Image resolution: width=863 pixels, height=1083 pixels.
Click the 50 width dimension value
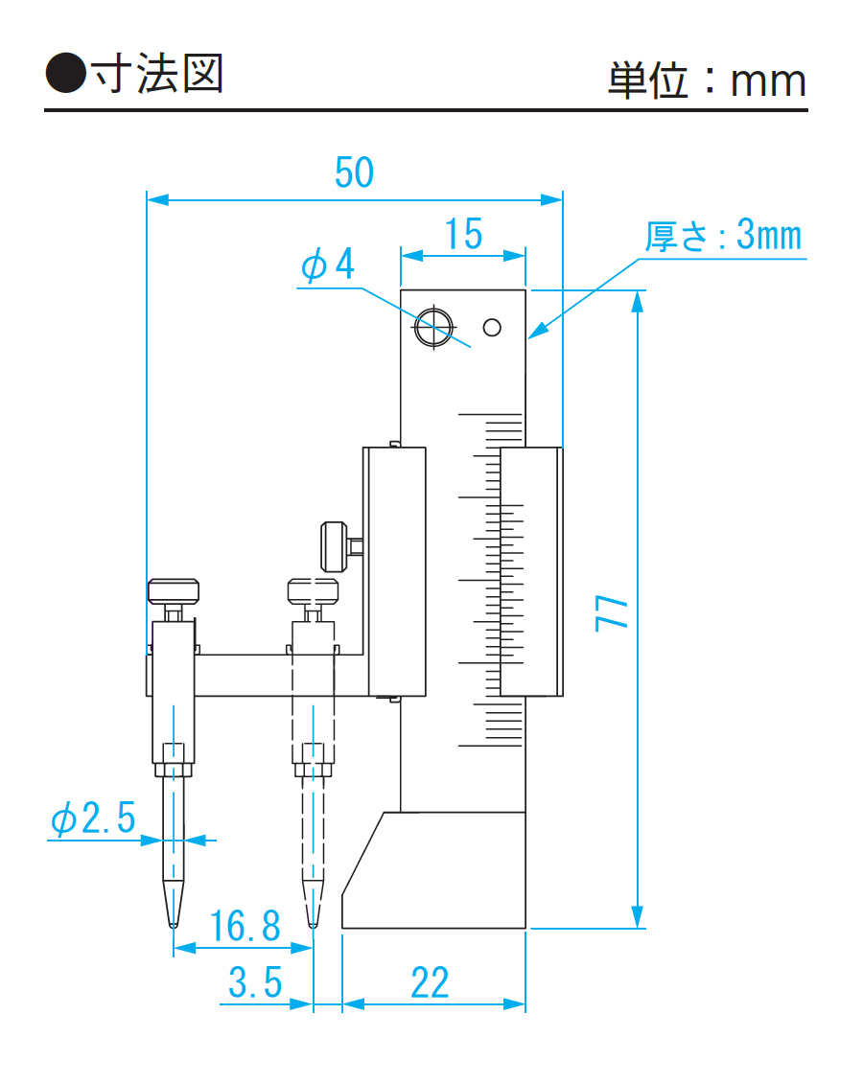pos(354,173)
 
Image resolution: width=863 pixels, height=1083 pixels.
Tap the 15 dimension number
pos(463,233)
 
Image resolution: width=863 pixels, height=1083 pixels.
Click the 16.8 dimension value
pos(245,926)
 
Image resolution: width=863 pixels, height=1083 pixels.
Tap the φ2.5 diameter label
pos(93,819)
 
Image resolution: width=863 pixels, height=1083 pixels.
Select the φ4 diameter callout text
pos(327,265)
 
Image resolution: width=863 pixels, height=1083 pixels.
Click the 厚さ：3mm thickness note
pos(723,235)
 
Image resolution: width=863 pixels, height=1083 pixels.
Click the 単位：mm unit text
pos(707,81)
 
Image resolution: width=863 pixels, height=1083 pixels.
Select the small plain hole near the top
pos(493,328)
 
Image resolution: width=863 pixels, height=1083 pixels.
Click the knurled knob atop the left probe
pos(174,589)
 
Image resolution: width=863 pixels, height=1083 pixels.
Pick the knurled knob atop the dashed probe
pos(313,588)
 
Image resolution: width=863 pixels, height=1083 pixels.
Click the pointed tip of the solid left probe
pos(173,923)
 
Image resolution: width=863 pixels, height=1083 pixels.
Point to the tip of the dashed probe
pos(313,923)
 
